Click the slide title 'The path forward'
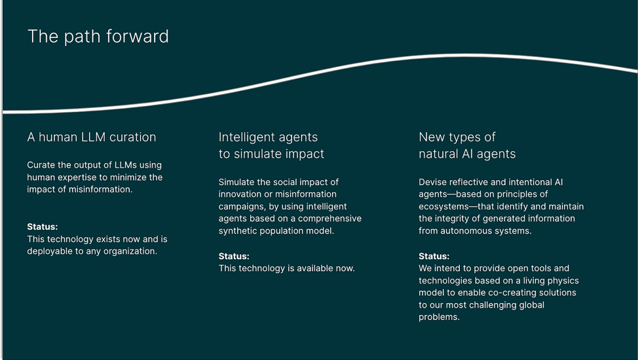(98, 37)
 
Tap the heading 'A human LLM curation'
(92, 137)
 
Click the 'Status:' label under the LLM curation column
(43, 226)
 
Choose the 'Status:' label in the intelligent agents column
(234, 257)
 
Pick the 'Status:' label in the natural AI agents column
(434, 257)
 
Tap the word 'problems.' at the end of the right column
(439, 317)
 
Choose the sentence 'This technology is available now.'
(286, 268)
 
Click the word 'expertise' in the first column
(79, 177)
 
